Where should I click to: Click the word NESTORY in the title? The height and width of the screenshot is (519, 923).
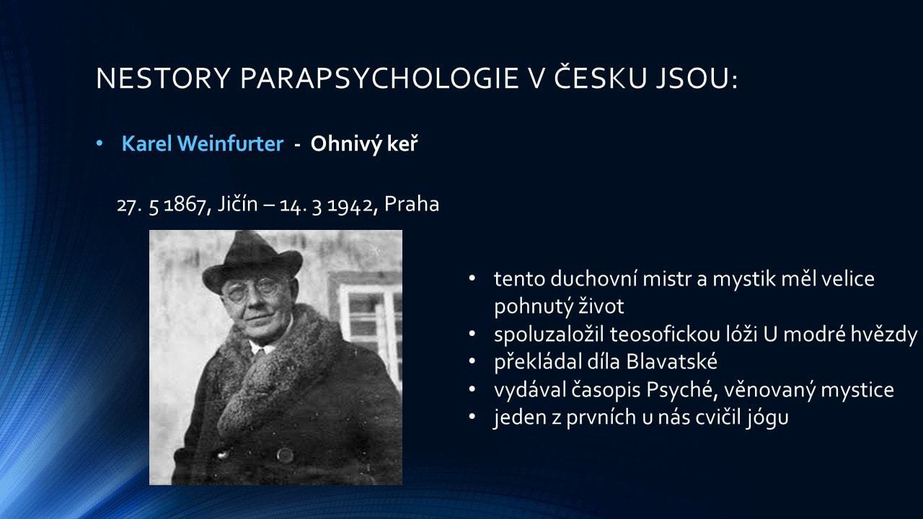(x=163, y=78)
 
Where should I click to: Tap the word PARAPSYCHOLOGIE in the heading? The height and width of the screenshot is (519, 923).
(x=379, y=78)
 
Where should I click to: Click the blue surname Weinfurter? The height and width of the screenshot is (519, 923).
(x=230, y=143)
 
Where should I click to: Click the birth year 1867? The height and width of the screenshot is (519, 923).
(x=185, y=205)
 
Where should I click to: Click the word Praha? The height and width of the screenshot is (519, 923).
(x=412, y=204)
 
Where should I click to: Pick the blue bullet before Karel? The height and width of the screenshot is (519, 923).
(x=100, y=143)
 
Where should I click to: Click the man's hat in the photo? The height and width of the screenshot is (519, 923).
(x=252, y=260)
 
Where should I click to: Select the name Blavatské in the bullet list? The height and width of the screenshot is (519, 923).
(x=671, y=361)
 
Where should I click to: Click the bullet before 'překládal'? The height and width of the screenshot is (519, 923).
(x=472, y=361)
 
